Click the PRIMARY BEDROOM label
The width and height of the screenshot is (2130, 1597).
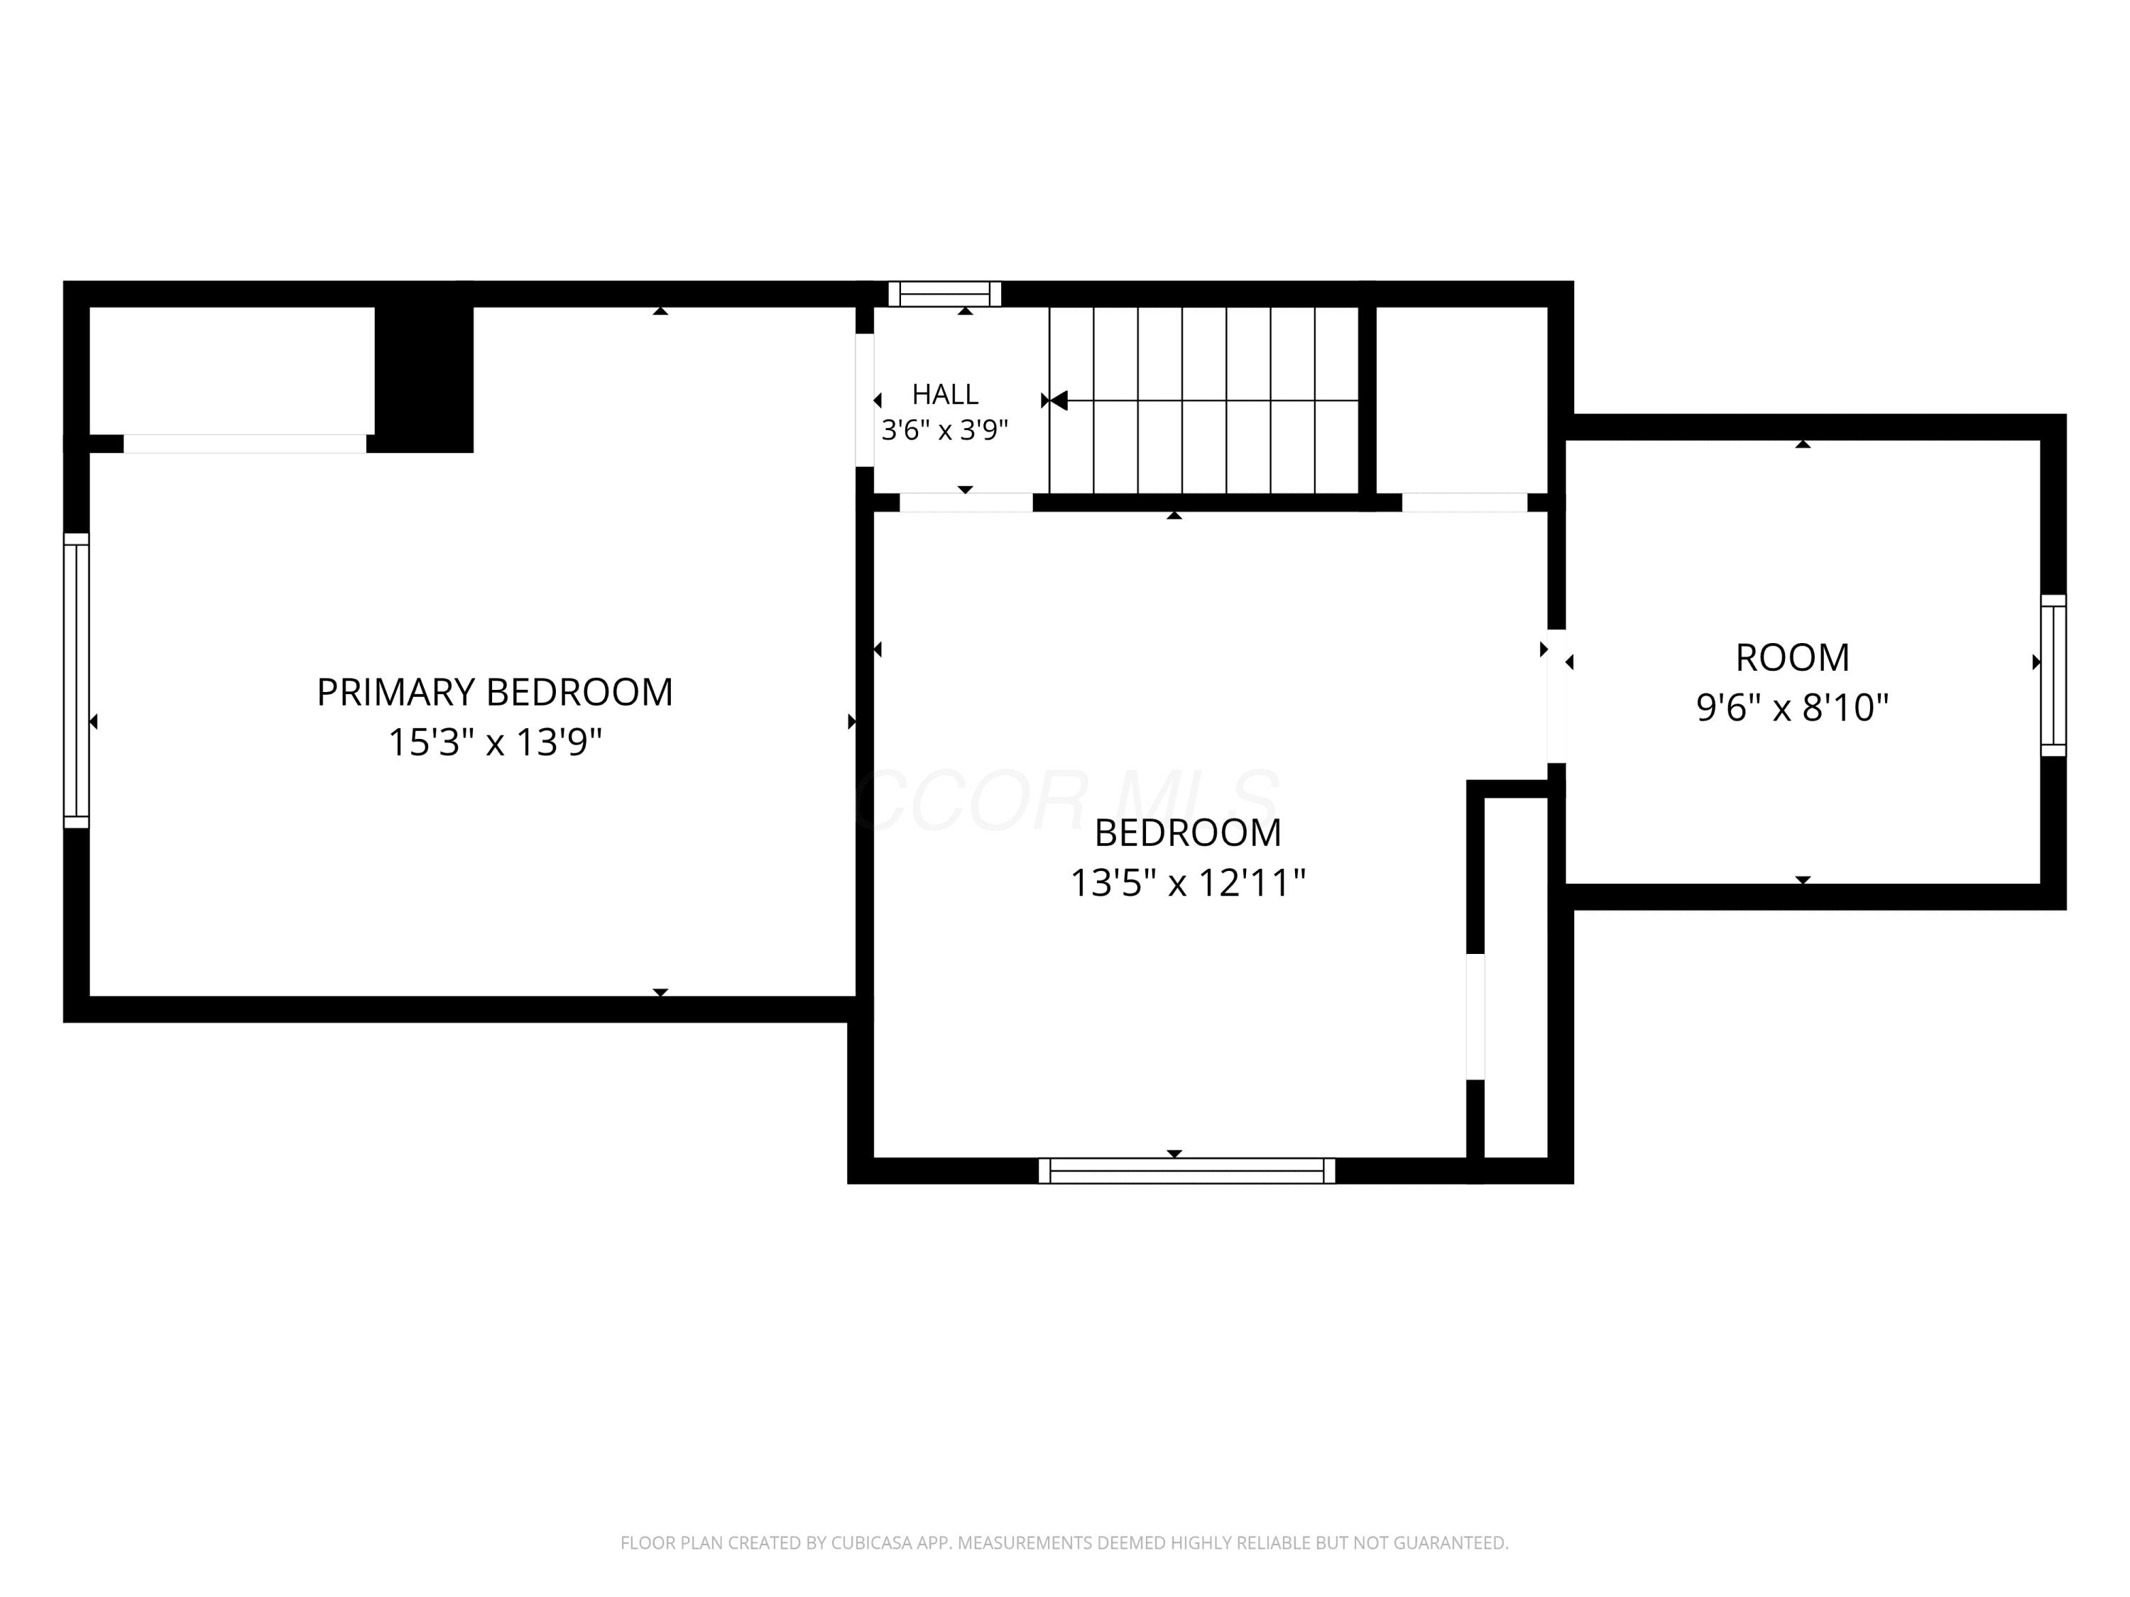pos(495,692)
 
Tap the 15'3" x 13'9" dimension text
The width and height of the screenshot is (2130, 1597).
pos(495,742)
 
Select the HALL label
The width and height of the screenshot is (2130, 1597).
pos(944,394)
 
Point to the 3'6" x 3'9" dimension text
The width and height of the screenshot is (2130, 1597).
pos(944,429)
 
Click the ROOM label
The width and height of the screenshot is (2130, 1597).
pos(1792,657)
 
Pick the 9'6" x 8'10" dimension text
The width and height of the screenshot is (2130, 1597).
pos(1792,708)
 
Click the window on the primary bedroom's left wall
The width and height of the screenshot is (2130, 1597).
pos(76,681)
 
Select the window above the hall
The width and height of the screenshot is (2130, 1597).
pos(944,294)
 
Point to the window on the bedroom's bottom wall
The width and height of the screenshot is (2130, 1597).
pos(1186,1170)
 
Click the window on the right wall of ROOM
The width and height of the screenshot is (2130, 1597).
pos(2053,675)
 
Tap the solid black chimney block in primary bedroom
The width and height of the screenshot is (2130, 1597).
pos(424,378)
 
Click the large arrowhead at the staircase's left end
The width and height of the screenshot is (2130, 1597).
pos(1059,400)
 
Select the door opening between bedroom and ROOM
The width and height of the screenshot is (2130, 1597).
pos(1556,696)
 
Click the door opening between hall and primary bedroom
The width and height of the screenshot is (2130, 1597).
pos(865,400)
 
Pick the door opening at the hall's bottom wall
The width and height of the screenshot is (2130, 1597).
pos(966,503)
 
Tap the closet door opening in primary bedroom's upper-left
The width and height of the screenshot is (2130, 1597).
pos(244,444)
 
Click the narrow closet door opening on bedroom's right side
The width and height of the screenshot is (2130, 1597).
pos(1475,1016)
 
